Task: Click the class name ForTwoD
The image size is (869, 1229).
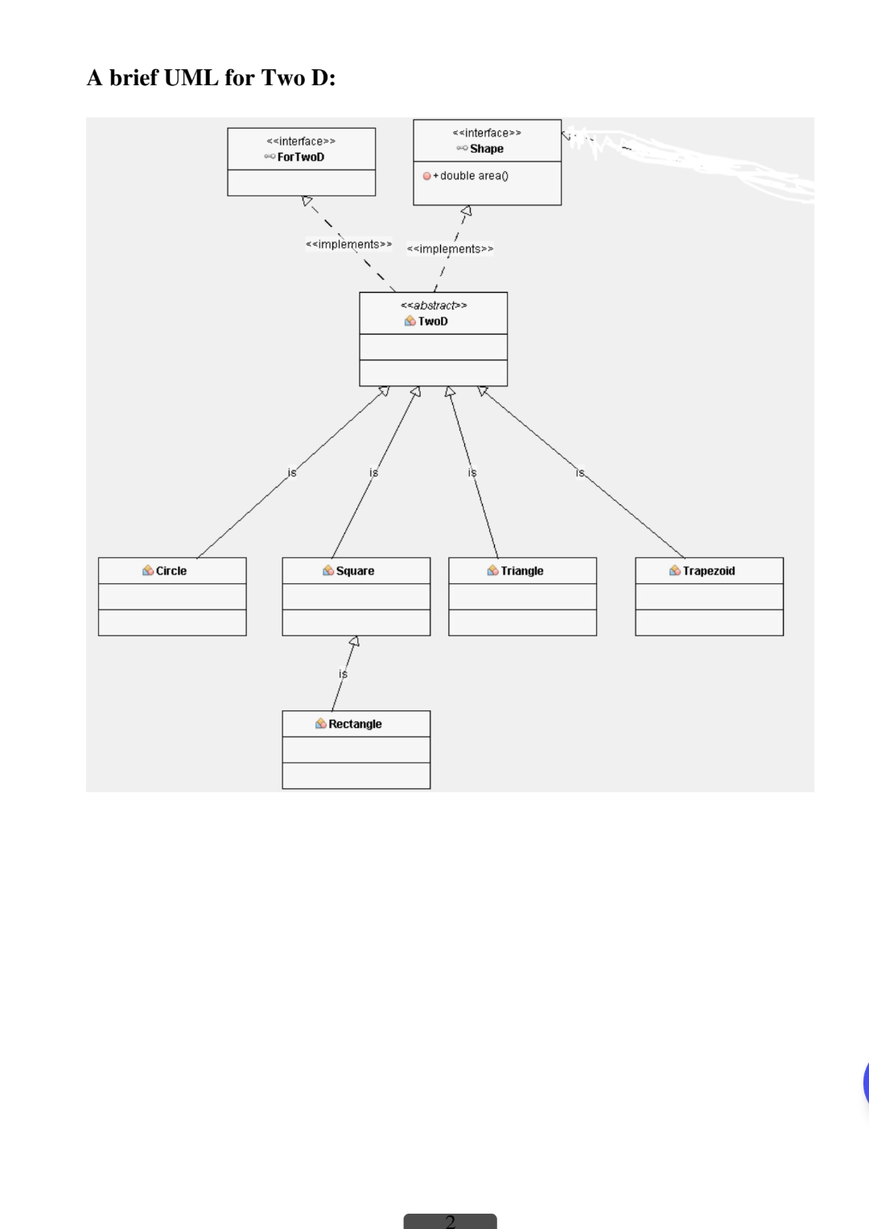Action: point(301,157)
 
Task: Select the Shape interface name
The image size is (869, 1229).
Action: point(487,149)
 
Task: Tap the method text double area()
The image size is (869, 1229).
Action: point(474,176)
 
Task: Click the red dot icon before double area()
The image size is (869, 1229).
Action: point(426,176)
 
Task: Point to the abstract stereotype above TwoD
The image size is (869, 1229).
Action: point(434,306)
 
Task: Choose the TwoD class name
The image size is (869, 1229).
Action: point(433,322)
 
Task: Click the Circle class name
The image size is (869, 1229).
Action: point(171,571)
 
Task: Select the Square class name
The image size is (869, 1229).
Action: point(356,571)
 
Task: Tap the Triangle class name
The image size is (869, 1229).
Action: point(522,571)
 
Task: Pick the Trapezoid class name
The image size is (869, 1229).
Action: point(709,571)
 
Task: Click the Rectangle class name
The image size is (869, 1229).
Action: point(355,724)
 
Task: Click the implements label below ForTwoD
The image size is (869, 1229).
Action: point(348,245)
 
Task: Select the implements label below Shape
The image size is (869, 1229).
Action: point(450,249)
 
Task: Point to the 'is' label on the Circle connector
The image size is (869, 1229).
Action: point(292,473)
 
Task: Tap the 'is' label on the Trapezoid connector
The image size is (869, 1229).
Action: point(580,473)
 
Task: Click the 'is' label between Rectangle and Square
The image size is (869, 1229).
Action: point(343,674)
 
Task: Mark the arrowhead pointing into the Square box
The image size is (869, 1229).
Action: point(354,641)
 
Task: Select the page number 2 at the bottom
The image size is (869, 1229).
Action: point(450,1221)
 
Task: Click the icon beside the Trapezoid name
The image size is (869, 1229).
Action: point(674,571)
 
